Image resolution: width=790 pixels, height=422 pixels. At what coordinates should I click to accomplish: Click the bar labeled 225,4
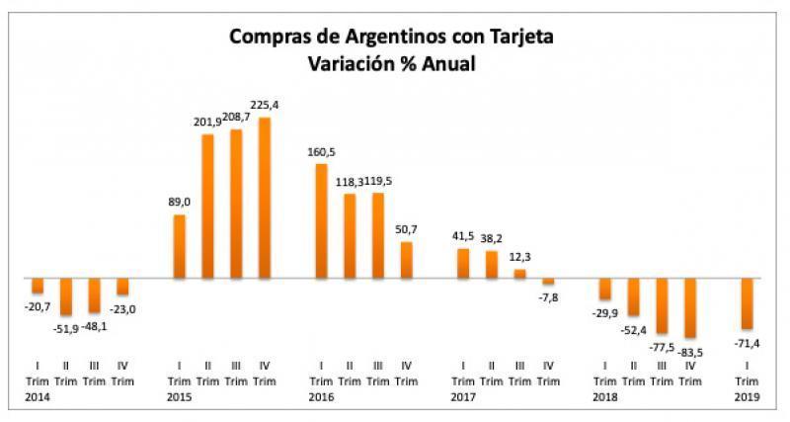click(265, 198)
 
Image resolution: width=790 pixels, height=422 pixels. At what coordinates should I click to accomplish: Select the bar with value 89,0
click(180, 246)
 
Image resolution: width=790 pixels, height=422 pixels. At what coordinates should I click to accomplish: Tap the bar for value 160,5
click(321, 220)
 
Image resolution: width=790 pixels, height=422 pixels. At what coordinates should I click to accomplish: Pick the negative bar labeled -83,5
click(690, 308)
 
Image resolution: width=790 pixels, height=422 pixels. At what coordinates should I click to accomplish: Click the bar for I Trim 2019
click(748, 303)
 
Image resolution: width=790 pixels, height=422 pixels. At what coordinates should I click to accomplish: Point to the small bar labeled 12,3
click(520, 274)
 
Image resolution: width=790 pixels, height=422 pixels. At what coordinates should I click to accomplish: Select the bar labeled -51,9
click(66, 297)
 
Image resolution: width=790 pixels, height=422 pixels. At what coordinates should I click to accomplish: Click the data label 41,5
click(463, 237)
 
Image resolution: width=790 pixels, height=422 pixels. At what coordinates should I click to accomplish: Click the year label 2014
click(38, 396)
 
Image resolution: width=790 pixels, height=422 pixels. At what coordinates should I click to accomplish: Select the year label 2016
click(321, 396)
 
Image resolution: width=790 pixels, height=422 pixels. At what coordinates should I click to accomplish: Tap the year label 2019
click(748, 396)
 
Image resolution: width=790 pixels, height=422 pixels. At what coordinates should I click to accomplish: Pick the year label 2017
click(462, 396)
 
